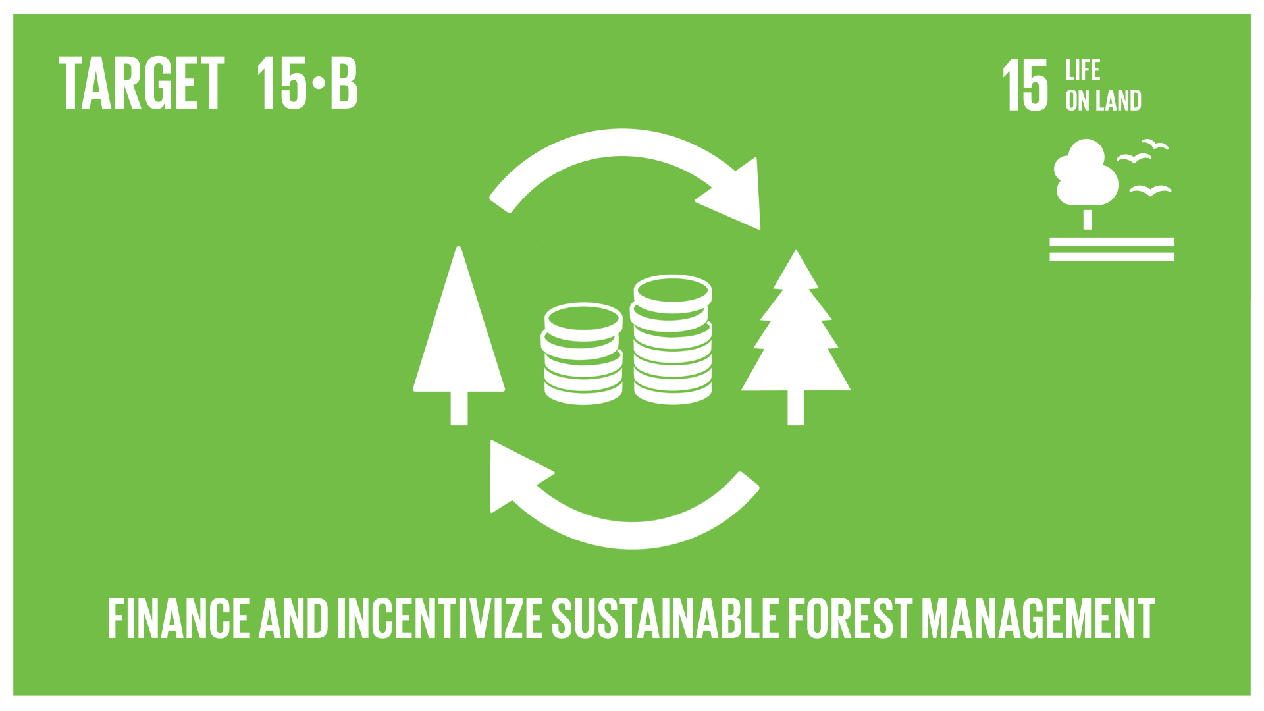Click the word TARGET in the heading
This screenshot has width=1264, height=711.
tap(142, 83)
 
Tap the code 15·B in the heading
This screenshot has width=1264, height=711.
tap(307, 83)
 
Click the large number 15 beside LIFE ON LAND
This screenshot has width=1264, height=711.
tap(1025, 85)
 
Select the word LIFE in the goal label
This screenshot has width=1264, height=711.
tap(1083, 70)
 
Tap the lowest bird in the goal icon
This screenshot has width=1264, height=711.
tap(1150, 191)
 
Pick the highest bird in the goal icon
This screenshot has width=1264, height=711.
tap(1155, 144)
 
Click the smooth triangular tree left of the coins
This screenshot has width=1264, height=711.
tap(459, 336)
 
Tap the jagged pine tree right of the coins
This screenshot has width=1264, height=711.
tap(796, 336)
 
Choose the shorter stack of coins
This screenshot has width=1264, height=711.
tap(583, 354)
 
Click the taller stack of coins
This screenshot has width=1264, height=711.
tap(671, 340)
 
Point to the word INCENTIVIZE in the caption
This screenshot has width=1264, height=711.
tap(440, 618)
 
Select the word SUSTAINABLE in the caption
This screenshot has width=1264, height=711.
tap(666, 618)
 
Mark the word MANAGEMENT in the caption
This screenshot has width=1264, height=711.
tap(1038, 618)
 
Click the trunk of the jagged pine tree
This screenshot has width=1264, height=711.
tap(796, 408)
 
